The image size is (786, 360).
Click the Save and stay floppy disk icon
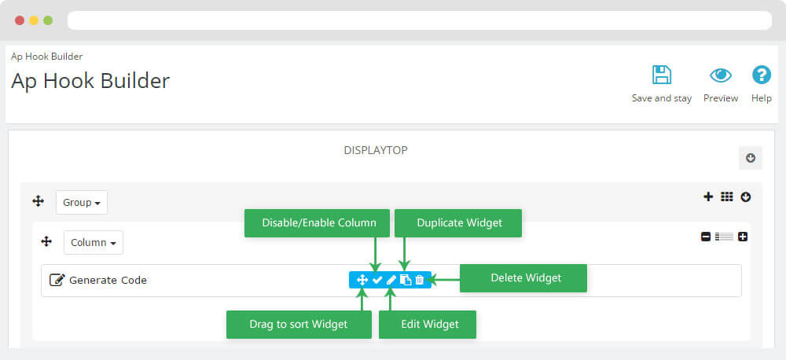click(662, 75)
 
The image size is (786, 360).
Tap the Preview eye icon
click(720, 75)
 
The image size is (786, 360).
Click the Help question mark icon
click(762, 75)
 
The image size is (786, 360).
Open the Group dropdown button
click(82, 203)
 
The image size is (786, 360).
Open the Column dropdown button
click(94, 243)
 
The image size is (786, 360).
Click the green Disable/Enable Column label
click(317, 223)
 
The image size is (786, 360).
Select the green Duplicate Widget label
click(458, 223)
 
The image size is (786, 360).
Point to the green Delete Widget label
click(523, 278)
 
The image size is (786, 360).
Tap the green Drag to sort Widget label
click(299, 325)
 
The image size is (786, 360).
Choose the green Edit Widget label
click(427, 325)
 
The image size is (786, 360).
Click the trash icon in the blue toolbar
click(420, 281)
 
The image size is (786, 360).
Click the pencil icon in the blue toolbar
click(391, 281)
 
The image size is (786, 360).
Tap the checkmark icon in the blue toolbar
click(377, 281)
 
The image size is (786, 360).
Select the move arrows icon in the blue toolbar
click(362, 281)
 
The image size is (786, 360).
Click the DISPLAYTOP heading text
click(376, 150)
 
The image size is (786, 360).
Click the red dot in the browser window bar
click(20, 20)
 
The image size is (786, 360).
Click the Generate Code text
click(108, 281)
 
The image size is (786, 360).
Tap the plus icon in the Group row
click(708, 197)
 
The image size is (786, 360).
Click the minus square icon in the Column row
click(706, 237)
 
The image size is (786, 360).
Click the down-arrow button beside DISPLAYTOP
click(751, 158)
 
